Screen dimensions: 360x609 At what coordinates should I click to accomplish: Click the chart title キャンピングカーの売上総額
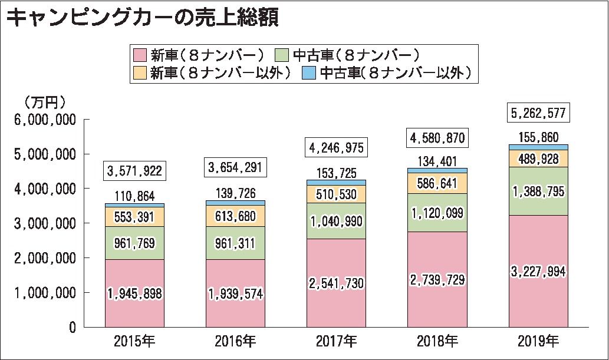point(141,18)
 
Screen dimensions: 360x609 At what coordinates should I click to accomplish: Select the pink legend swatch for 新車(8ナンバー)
point(140,55)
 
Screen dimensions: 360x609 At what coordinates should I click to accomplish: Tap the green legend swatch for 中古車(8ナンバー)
point(282,55)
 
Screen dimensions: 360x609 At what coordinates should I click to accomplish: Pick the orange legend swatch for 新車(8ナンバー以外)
point(140,72)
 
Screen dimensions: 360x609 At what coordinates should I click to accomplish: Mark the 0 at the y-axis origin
point(72,327)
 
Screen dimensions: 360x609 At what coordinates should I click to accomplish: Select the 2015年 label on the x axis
point(134,341)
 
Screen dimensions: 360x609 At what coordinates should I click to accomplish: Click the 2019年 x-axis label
point(538,341)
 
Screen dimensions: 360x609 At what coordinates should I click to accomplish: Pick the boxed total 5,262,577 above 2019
point(538,113)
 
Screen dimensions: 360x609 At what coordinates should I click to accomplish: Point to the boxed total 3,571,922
point(134,171)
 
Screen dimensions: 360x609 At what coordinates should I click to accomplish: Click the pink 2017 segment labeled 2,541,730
point(336,283)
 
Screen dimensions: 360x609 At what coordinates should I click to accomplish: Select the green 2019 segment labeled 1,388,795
point(538,191)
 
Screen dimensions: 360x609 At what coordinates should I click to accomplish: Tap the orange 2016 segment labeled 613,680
point(235,216)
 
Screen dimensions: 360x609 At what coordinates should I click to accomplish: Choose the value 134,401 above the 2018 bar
point(437,161)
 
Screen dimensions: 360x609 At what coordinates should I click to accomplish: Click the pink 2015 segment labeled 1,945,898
point(134,293)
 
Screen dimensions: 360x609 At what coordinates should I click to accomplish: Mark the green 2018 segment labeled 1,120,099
point(437,213)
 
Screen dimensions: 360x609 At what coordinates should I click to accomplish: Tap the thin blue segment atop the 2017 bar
point(336,183)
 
